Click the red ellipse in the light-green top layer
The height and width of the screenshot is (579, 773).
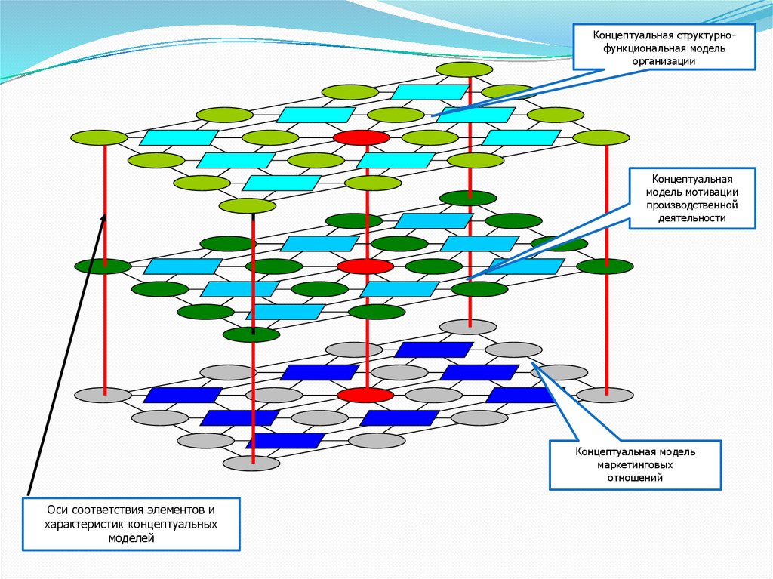point(362,137)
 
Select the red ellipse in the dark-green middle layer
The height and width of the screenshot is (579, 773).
point(365,266)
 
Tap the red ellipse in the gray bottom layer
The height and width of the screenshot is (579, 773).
point(365,395)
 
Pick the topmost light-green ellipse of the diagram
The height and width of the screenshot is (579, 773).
point(464,69)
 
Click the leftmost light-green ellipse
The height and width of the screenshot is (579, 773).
point(99,137)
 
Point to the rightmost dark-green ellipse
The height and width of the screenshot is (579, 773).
point(605,266)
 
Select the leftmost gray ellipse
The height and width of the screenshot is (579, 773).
point(103,395)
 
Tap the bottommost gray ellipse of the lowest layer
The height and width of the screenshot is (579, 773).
point(251,463)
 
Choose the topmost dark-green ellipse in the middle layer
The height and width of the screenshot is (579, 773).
point(468,198)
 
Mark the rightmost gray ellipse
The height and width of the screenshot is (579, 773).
point(605,395)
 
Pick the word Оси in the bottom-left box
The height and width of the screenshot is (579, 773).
point(58,511)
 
